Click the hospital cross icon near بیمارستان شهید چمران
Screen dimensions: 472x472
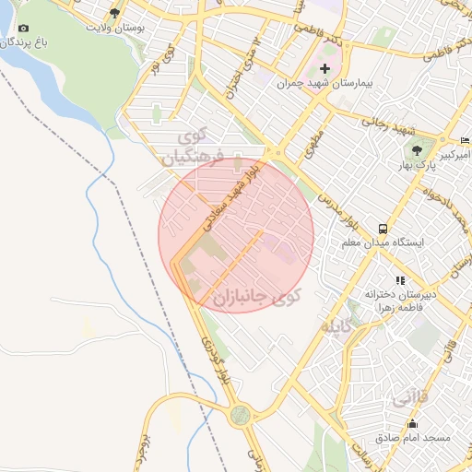[324, 69]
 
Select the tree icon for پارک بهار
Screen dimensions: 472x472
[417, 150]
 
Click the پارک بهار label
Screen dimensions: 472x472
[419, 166]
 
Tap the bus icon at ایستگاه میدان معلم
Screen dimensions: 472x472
[382, 228]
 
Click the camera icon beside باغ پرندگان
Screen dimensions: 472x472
[23, 29]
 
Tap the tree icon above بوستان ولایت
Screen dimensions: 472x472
[114, 13]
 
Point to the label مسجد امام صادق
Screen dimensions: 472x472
[412, 436]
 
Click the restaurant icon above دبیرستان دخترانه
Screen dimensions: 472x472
[399, 278]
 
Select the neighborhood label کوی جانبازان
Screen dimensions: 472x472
[256, 297]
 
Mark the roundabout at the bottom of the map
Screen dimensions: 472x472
[241, 416]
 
